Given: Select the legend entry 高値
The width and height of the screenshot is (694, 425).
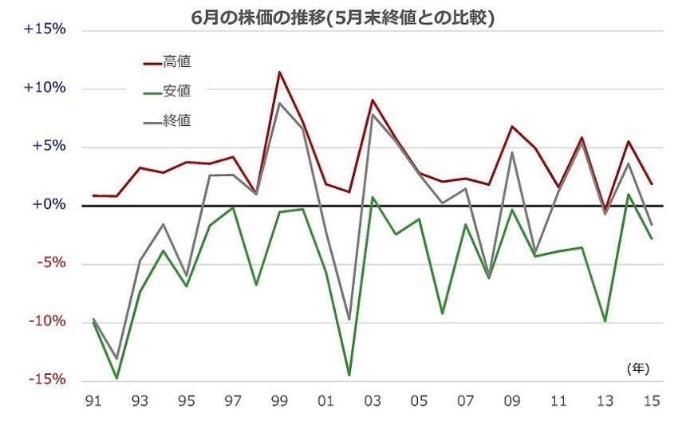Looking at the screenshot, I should click(x=176, y=61).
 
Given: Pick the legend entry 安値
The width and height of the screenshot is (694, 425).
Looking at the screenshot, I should click(x=176, y=91).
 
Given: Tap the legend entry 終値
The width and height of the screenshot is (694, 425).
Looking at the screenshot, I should click(x=176, y=120).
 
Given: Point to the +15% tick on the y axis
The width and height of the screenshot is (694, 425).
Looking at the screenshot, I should click(x=44, y=30).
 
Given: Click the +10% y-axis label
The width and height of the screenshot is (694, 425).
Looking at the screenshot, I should click(x=44, y=88).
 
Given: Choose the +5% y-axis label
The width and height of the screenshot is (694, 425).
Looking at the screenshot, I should click(x=47, y=147).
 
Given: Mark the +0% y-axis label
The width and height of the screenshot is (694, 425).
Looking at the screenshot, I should click(x=47, y=205).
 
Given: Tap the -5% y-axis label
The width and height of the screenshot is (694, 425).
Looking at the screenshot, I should click(x=49, y=264).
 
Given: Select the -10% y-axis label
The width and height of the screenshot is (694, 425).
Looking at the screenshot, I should click(x=45, y=322).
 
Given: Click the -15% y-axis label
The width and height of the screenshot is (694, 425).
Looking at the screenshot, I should click(x=45, y=380).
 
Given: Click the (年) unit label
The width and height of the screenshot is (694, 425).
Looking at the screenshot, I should click(x=638, y=368).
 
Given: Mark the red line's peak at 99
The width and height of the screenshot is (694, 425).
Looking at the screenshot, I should click(x=279, y=72).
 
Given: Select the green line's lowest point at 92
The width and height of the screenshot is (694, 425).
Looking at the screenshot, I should click(x=117, y=378).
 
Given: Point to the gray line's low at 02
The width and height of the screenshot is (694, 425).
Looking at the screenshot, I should click(x=349, y=320).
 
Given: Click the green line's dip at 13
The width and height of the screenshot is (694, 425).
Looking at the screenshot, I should click(x=605, y=321).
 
